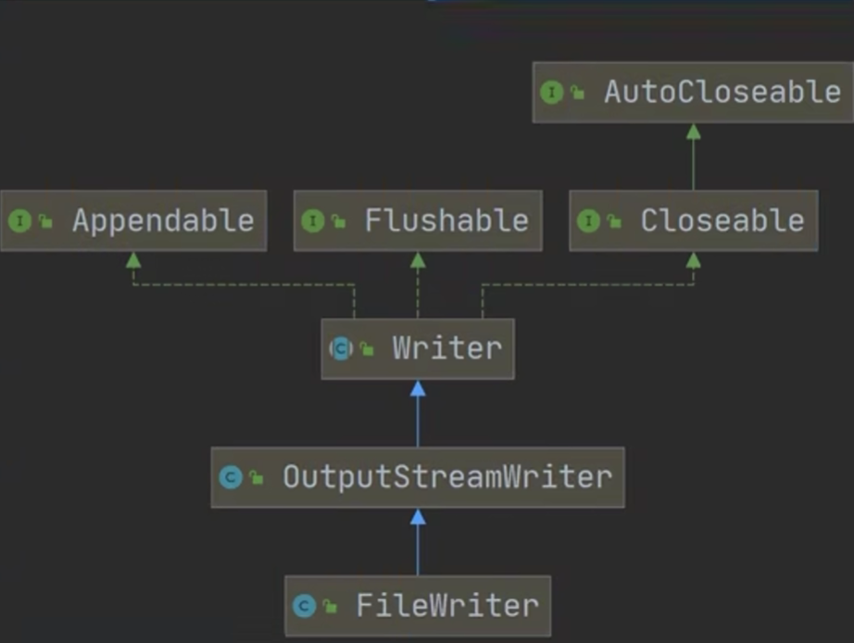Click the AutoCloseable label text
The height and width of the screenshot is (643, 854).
click(722, 92)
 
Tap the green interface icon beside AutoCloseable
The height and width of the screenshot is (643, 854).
click(552, 92)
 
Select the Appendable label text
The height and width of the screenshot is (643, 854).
click(163, 221)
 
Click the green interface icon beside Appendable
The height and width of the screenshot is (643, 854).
click(19, 221)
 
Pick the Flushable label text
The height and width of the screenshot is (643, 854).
click(446, 221)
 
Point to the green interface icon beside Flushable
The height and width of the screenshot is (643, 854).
click(313, 221)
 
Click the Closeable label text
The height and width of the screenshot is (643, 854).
click(722, 221)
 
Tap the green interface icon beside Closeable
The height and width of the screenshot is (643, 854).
click(588, 221)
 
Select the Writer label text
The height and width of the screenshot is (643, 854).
click(446, 348)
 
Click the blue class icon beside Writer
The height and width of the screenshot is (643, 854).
click(341, 348)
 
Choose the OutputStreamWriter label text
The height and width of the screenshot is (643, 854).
click(447, 477)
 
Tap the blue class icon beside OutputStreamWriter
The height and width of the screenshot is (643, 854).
click(231, 477)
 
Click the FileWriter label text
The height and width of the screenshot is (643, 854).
click(446, 606)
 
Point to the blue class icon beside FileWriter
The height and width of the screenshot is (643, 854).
click(304, 606)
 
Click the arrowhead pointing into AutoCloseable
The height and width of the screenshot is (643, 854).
click(693, 132)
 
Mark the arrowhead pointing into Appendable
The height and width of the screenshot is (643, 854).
click(133, 260)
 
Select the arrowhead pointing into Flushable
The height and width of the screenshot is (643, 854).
click(418, 260)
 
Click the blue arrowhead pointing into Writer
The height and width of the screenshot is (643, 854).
click(418, 389)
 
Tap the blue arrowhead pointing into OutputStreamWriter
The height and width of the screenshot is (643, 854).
click(418, 517)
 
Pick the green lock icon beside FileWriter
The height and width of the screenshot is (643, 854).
click(331, 607)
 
